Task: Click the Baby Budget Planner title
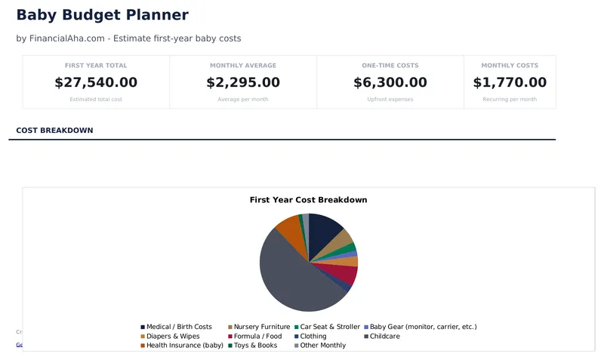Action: (x=102, y=15)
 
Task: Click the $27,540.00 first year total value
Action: (x=96, y=82)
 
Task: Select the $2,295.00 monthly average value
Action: (x=243, y=82)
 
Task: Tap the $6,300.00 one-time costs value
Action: (x=390, y=82)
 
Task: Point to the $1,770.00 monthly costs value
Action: (x=510, y=82)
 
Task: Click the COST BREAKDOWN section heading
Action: (x=54, y=131)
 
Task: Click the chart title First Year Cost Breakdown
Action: (x=308, y=200)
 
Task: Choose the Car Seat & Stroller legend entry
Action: (x=329, y=327)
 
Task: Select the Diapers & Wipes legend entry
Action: (x=173, y=336)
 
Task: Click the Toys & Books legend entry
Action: (x=254, y=345)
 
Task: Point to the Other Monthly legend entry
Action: (x=322, y=345)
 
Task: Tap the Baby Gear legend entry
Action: (x=423, y=327)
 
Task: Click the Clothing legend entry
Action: (x=313, y=336)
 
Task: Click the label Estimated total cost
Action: (x=96, y=100)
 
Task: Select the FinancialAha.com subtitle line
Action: (x=128, y=38)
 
